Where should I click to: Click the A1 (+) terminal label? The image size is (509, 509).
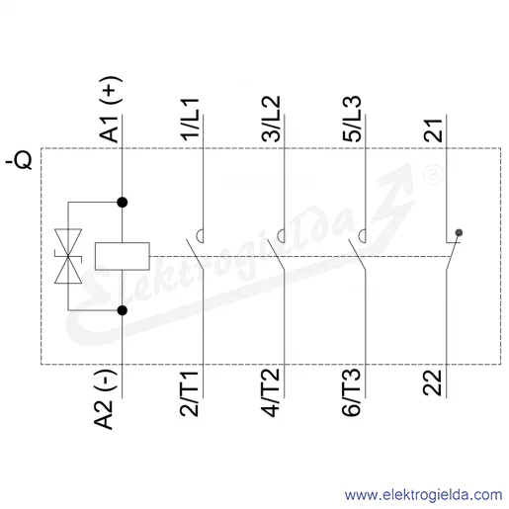110,110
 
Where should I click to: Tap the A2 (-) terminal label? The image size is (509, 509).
105,399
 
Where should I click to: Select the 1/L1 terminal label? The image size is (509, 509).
190,120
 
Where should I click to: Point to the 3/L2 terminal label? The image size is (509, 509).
271,119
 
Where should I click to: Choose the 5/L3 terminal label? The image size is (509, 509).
352,119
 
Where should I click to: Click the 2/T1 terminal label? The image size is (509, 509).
189,393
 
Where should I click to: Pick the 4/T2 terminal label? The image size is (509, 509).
270,392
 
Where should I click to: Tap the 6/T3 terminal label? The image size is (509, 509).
352,392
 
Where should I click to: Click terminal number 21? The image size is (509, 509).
433,130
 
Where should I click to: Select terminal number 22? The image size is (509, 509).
432,382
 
